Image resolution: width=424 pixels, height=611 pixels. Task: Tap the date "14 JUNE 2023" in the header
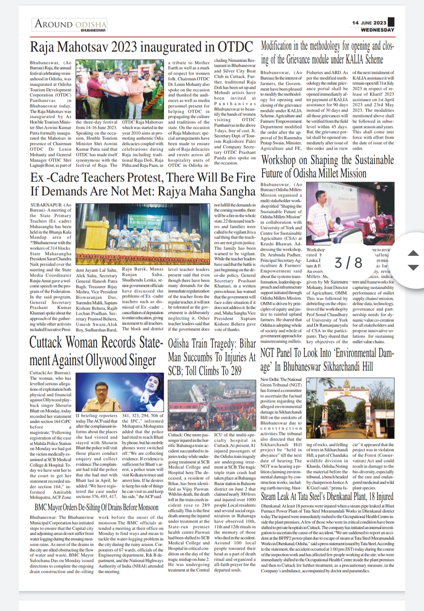369,23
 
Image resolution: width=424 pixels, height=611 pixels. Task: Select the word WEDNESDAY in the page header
377,30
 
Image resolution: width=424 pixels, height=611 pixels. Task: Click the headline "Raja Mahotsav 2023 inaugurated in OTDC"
142,47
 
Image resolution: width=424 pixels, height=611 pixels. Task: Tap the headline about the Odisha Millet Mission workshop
327,167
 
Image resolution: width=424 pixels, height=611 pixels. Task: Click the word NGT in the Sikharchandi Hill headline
270,353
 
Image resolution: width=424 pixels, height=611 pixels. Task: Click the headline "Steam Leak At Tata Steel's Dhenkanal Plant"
327,496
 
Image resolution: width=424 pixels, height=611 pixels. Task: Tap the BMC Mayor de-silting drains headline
96,507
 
